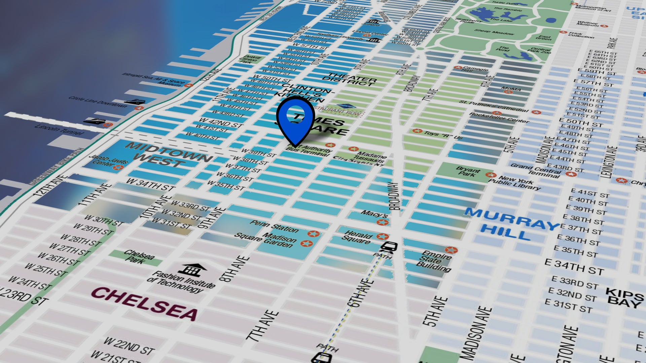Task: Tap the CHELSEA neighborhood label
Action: tap(145, 304)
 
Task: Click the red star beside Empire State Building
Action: tap(451, 250)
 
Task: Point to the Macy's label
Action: tap(374, 214)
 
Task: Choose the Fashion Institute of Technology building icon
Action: tap(192, 270)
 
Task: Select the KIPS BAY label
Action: tap(624, 297)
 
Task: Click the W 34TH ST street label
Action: tap(151, 185)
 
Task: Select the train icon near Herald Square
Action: tap(389, 247)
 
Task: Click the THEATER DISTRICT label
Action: tap(350, 79)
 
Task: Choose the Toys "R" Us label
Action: tap(443, 135)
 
